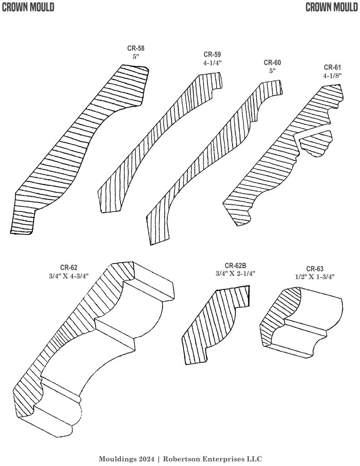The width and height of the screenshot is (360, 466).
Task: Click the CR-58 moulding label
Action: [x=136, y=47]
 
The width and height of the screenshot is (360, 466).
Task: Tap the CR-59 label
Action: [x=213, y=55]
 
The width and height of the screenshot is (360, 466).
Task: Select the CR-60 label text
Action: [x=272, y=63]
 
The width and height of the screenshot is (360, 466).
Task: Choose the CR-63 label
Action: [x=314, y=268]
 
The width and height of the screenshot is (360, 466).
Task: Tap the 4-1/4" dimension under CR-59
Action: [x=213, y=63]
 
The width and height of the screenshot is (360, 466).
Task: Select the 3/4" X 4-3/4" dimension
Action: [x=68, y=275]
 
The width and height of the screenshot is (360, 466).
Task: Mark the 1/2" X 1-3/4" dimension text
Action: [x=314, y=276]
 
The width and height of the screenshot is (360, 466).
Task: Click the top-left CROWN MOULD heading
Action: [x=28, y=7]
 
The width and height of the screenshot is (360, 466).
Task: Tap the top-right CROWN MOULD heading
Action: [x=332, y=7]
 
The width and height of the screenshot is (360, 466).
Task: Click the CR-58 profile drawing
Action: [x=77, y=150]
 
